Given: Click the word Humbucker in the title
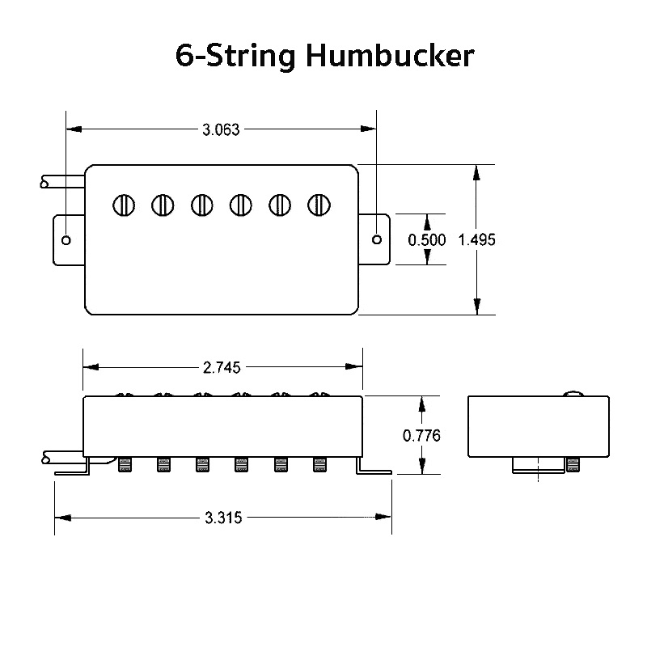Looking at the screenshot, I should pyautogui.click(x=390, y=56).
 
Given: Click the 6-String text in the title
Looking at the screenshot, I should pyautogui.click(x=235, y=56).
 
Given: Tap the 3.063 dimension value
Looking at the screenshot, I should pyautogui.click(x=220, y=129).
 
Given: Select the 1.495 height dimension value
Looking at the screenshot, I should pyautogui.click(x=476, y=240).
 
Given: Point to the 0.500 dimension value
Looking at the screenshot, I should pyautogui.click(x=426, y=240).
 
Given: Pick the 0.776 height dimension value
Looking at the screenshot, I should pyautogui.click(x=421, y=436).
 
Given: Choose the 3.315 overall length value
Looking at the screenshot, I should pyautogui.click(x=224, y=517).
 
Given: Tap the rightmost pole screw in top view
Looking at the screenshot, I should pyautogui.click(x=319, y=205).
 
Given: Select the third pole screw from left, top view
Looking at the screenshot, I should pyautogui.click(x=202, y=205).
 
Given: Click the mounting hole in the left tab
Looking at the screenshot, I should pyautogui.click(x=66, y=240).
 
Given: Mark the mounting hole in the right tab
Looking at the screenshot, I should pyautogui.click(x=378, y=239).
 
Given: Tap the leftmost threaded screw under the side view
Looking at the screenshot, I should pyautogui.click(x=125, y=464).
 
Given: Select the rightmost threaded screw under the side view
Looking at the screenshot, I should pyautogui.click(x=319, y=464).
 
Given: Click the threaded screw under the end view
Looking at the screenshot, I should pyautogui.click(x=574, y=464).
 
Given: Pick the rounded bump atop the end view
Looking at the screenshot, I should pyautogui.click(x=573, y=394).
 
